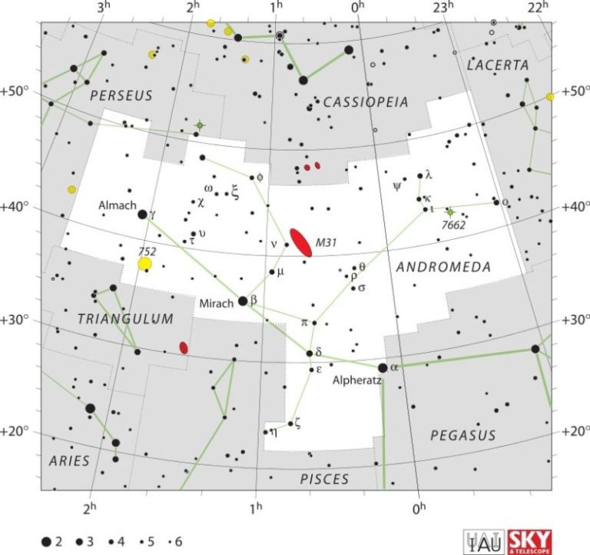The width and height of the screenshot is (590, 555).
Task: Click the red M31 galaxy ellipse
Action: pyautogui.click(x=300, y=242)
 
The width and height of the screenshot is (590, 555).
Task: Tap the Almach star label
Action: pyautogui.click(x=117, y=206)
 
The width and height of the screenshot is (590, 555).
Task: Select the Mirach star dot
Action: pyautogui.click(x=243, y=301)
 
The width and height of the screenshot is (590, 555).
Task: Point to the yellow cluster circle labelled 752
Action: pyautogui.click(x=145, y=264)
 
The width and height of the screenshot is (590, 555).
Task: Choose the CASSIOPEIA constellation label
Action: pyautogui.click(x=366, y=102)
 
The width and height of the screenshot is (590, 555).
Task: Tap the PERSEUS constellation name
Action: pyautogui.click(x=121, y=96)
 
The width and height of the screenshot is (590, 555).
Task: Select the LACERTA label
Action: pyautogui.click(x=498, y=65)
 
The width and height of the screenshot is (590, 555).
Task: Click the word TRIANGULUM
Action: pyautogui.click(x=125, y=318)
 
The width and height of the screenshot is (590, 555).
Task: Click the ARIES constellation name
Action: pyautogui.click(x=70, y=460)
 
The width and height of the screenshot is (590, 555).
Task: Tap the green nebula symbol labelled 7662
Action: pyautogui.click(x=450, y=211)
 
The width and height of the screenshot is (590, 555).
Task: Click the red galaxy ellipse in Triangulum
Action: pyautogui.click(x=184, y=347)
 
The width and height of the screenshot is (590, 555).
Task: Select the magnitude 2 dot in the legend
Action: pyautogui.click(x=48, y=541)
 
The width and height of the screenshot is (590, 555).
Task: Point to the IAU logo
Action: pyautogui.click(x=482, y=540)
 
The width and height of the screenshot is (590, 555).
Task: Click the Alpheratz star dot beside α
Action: pyautogui.click(x=383, y=367)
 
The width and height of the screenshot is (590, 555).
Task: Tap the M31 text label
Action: pyautogui.click(x=326, y=242)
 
